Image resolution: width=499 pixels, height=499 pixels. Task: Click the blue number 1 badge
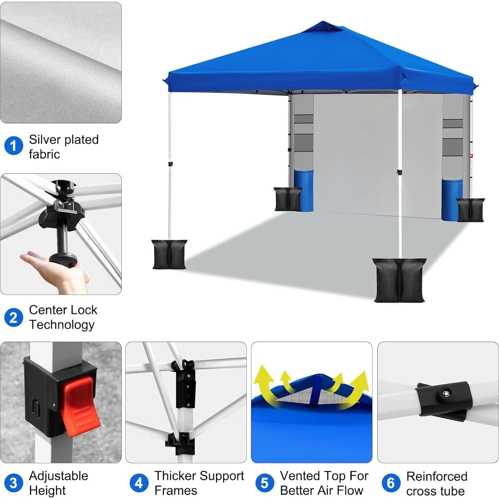pos(13,146)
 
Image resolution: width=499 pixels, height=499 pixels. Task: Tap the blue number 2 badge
pos(13,318)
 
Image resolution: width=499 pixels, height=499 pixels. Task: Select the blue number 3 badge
pos(13,483)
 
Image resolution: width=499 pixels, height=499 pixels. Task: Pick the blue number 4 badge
pos(139,483)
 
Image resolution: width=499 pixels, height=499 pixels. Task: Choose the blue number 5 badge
pos(265,483)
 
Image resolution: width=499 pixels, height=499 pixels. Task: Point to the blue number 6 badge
pos(391,483)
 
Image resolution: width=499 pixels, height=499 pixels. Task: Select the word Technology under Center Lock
pos(62,325)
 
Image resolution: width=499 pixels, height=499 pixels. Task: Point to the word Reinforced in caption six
pos(437,476)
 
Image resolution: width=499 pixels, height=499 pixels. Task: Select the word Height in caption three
pos(47,491)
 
